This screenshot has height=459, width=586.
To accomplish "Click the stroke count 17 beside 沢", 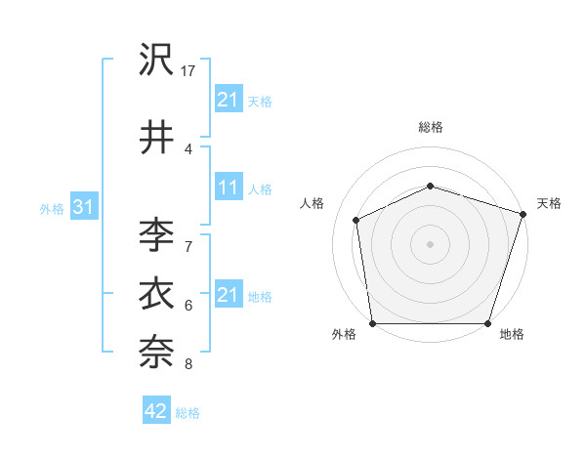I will (x=188, y=71).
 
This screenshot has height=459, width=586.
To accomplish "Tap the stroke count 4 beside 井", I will (x=188, y=148).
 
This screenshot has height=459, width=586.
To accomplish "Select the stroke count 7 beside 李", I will (x=188, y=246).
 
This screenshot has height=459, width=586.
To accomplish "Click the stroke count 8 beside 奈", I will (x=188, y=364).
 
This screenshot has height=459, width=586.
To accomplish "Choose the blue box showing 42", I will (x=156, y=411).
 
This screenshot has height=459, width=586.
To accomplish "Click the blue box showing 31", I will (x=83, y=207).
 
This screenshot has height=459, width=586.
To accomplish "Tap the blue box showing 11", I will (x=228, y=188).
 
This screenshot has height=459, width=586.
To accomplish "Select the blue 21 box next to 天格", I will (x=228, y=99).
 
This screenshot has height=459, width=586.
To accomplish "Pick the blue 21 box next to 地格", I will (x=228, y=295).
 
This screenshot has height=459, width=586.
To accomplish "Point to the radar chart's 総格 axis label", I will (x=431, y=127).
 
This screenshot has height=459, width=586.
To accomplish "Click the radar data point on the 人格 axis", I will (x=356, y=220).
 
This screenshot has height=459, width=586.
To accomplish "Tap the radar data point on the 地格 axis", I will (x=487, y=323).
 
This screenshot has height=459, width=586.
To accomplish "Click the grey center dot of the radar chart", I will (x=431, y=244).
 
